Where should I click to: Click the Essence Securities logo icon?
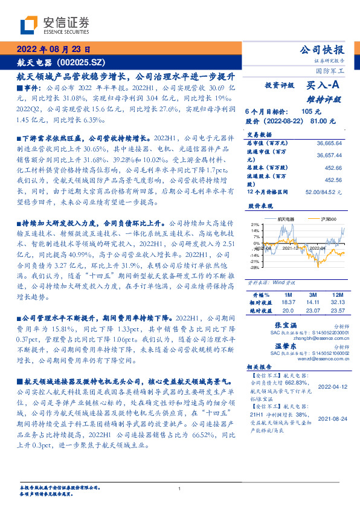30,25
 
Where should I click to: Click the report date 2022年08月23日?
53,49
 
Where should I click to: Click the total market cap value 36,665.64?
329,143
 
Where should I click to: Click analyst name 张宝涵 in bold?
283,325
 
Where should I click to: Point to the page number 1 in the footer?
180,489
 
